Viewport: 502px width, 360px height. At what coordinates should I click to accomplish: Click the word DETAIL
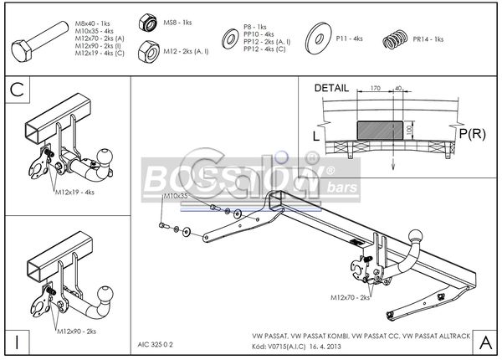coord(332,88)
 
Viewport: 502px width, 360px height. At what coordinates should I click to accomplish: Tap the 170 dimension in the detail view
coord(376,86)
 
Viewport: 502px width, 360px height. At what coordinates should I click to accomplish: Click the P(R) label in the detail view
coord(473,132)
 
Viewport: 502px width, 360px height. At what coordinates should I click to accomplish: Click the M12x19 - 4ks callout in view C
coord(74,192)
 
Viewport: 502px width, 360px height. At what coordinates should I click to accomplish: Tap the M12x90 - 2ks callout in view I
coord(76,332)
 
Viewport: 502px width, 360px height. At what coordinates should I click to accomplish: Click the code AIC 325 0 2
coord(156,343)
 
